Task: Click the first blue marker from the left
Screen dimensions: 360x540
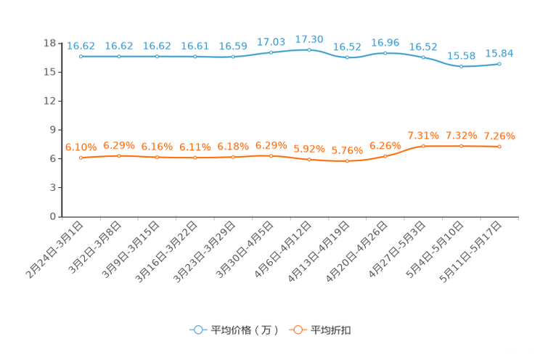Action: coord(81,57)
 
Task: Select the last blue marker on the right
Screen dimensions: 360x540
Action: coord(499,64)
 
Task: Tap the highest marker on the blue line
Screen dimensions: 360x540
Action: coord(309,49)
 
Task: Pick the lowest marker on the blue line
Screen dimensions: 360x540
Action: coord(461,67)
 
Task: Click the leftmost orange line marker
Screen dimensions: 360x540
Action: coord(81,157)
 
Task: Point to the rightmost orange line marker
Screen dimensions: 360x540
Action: coord(499,147)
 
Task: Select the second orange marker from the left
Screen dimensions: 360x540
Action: coord(119,155)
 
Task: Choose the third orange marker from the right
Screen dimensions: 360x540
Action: coord(423,146)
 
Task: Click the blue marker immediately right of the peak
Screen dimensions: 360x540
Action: coord(347,57)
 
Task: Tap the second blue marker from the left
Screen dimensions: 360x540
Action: coord(119,57)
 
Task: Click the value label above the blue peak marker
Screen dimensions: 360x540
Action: coord(309,38)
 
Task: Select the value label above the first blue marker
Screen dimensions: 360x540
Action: coord(81,46)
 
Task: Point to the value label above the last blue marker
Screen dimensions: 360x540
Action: coord(499,52)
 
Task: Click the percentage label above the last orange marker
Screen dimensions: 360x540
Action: coord(499,136)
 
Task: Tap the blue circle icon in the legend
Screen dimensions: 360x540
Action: coord(197,330)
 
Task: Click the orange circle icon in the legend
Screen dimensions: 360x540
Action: coord(297,330)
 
